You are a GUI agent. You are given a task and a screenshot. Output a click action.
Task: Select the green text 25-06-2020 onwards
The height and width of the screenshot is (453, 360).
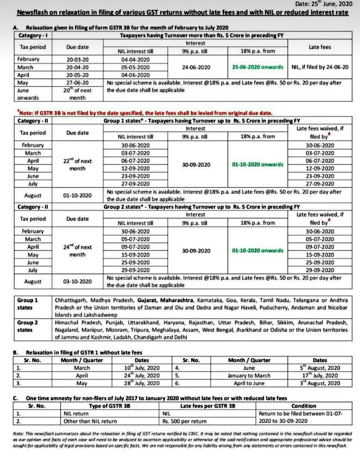coord(257,67)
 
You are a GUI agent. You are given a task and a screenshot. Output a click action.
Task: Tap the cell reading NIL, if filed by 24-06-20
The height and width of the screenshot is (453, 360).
coord(320,67)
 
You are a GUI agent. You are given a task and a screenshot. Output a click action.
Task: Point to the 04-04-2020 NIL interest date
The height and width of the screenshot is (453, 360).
coord(135,59)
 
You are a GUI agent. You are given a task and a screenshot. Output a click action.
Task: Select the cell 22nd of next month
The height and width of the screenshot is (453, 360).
coord(81,165)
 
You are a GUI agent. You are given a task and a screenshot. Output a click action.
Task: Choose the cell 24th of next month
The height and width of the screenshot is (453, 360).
coord(81,251)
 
